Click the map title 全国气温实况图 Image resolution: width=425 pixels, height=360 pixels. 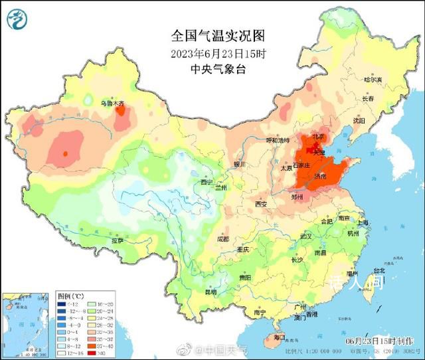coord(209,34)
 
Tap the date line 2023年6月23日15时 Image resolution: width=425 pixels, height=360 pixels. coord(209,53)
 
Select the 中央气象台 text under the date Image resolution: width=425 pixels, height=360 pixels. coord(209,69)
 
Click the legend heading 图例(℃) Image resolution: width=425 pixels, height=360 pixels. coord(70,294)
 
